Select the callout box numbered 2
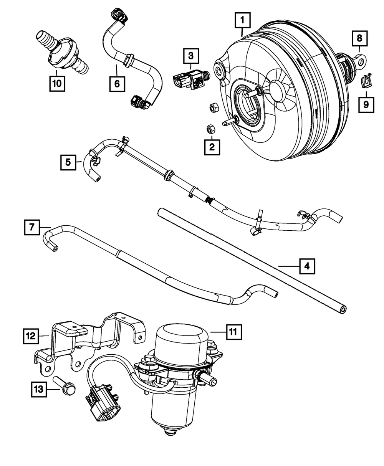pos(212,146)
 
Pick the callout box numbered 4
pos(308,266)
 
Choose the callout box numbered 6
pos(117,83)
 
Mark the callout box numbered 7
pos(31,227)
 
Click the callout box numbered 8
pos(359,38)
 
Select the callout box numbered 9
pos(366,104)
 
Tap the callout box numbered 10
pos(56,83)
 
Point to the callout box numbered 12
pos(31,336)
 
